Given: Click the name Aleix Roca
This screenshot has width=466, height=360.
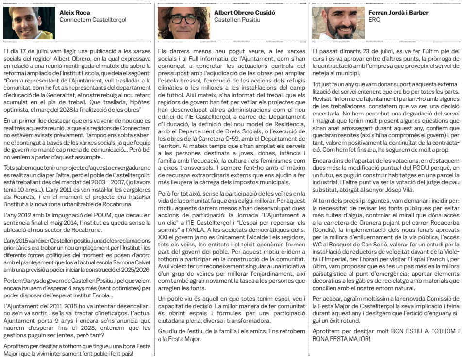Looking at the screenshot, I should point(74,13).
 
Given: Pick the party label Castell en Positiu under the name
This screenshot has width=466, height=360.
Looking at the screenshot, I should point(237,20).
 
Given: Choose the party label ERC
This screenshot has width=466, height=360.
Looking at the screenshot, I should point(375,20).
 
